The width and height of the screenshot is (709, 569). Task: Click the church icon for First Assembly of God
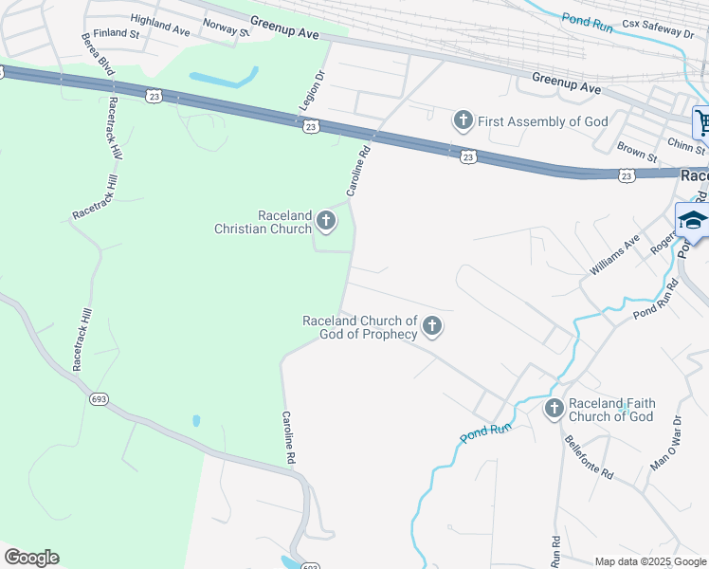click(x=463, y=120)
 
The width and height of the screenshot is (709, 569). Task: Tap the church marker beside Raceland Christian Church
click(x=325, y=222)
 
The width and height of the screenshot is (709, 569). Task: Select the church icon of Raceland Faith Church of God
click(x=554, y=409)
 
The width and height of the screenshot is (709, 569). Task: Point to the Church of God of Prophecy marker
click(x=431, y=327)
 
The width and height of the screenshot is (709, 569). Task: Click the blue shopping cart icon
click(x=702, y=121)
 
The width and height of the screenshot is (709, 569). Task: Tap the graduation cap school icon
click(x=693, y=221)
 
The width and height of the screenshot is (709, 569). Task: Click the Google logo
click(x=31, y=557)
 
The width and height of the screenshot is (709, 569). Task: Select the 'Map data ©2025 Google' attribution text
click(x=650, y=561)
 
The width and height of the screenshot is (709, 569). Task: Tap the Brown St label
click(x=636, y=152)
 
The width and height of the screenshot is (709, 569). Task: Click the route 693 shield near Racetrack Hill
click(x=99, y=399)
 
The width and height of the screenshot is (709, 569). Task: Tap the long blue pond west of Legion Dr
click(x=224, y=77)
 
